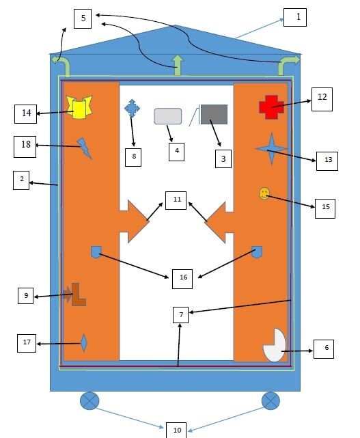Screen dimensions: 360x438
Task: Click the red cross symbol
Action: [x=271, y=107]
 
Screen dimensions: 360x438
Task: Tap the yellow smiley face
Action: [x=264, y=193]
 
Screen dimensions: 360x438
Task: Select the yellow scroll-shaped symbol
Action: [x=79, y=107]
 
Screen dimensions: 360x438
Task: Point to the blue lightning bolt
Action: [x=84, y=148]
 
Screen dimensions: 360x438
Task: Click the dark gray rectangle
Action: [x=214, y=115]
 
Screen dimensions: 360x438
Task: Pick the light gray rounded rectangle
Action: [x=168, y=116]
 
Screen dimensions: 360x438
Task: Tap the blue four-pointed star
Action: [x=271, y=148]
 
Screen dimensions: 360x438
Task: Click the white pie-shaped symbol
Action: [x=274, y=346]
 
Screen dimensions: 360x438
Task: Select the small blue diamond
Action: [x=84, y=343]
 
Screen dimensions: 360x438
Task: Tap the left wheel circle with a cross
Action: [x=89, y=401]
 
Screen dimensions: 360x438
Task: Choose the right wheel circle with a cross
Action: [x=271, y=401]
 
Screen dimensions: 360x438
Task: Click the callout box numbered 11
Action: [x=176, y=200]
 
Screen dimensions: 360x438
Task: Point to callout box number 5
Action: [x=83, y=18]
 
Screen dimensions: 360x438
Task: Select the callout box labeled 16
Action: [x=182, y=279]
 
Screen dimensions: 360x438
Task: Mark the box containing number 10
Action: [x=176, y=430]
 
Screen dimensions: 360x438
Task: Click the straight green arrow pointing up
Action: [x=178, y=66]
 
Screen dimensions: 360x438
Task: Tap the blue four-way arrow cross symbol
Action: [x=132, y=108]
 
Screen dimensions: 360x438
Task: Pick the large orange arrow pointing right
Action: [x=135, y=221]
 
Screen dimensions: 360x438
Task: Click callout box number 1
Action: [x=295, y=17]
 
